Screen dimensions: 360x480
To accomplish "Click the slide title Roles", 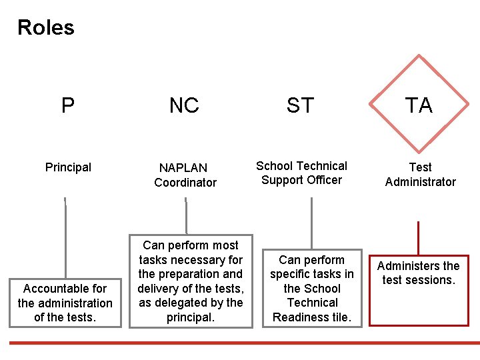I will point(46,27).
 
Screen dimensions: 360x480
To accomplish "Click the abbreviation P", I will point(68,105).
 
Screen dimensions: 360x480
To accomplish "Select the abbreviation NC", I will point(184,105).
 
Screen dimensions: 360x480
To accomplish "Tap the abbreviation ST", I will point(300,105).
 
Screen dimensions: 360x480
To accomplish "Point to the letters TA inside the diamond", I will point(419,105).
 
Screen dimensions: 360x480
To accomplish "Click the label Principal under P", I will point(68,167).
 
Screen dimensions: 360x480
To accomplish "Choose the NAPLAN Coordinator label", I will point(185,175).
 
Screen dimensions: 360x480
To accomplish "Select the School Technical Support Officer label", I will point(301,173).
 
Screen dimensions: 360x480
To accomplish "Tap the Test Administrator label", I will point(420,175).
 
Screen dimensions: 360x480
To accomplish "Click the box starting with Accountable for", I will point(65,302).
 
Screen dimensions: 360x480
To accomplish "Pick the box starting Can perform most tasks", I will point(191,281).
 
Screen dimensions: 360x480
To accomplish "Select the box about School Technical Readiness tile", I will point(311,289).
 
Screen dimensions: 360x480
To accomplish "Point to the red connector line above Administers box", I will point(418,237).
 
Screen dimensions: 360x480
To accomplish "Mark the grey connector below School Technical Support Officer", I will point(311,223).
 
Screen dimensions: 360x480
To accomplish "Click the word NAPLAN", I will point(183,168).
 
